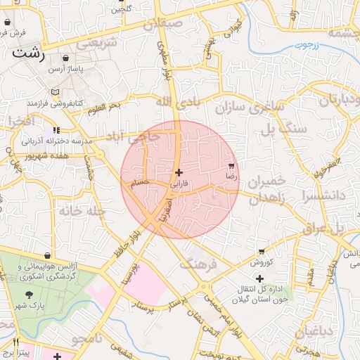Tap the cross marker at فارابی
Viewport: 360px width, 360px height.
click(179, 172)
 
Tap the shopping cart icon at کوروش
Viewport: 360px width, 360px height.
click(262, 251)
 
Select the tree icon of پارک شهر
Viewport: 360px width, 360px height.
click(28, 295)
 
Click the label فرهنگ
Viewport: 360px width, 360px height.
click(195, 264)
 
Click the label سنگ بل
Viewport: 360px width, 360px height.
click(284, 129)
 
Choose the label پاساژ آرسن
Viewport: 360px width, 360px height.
click(65, 70)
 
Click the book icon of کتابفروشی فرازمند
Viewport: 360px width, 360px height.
click(56, 92)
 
